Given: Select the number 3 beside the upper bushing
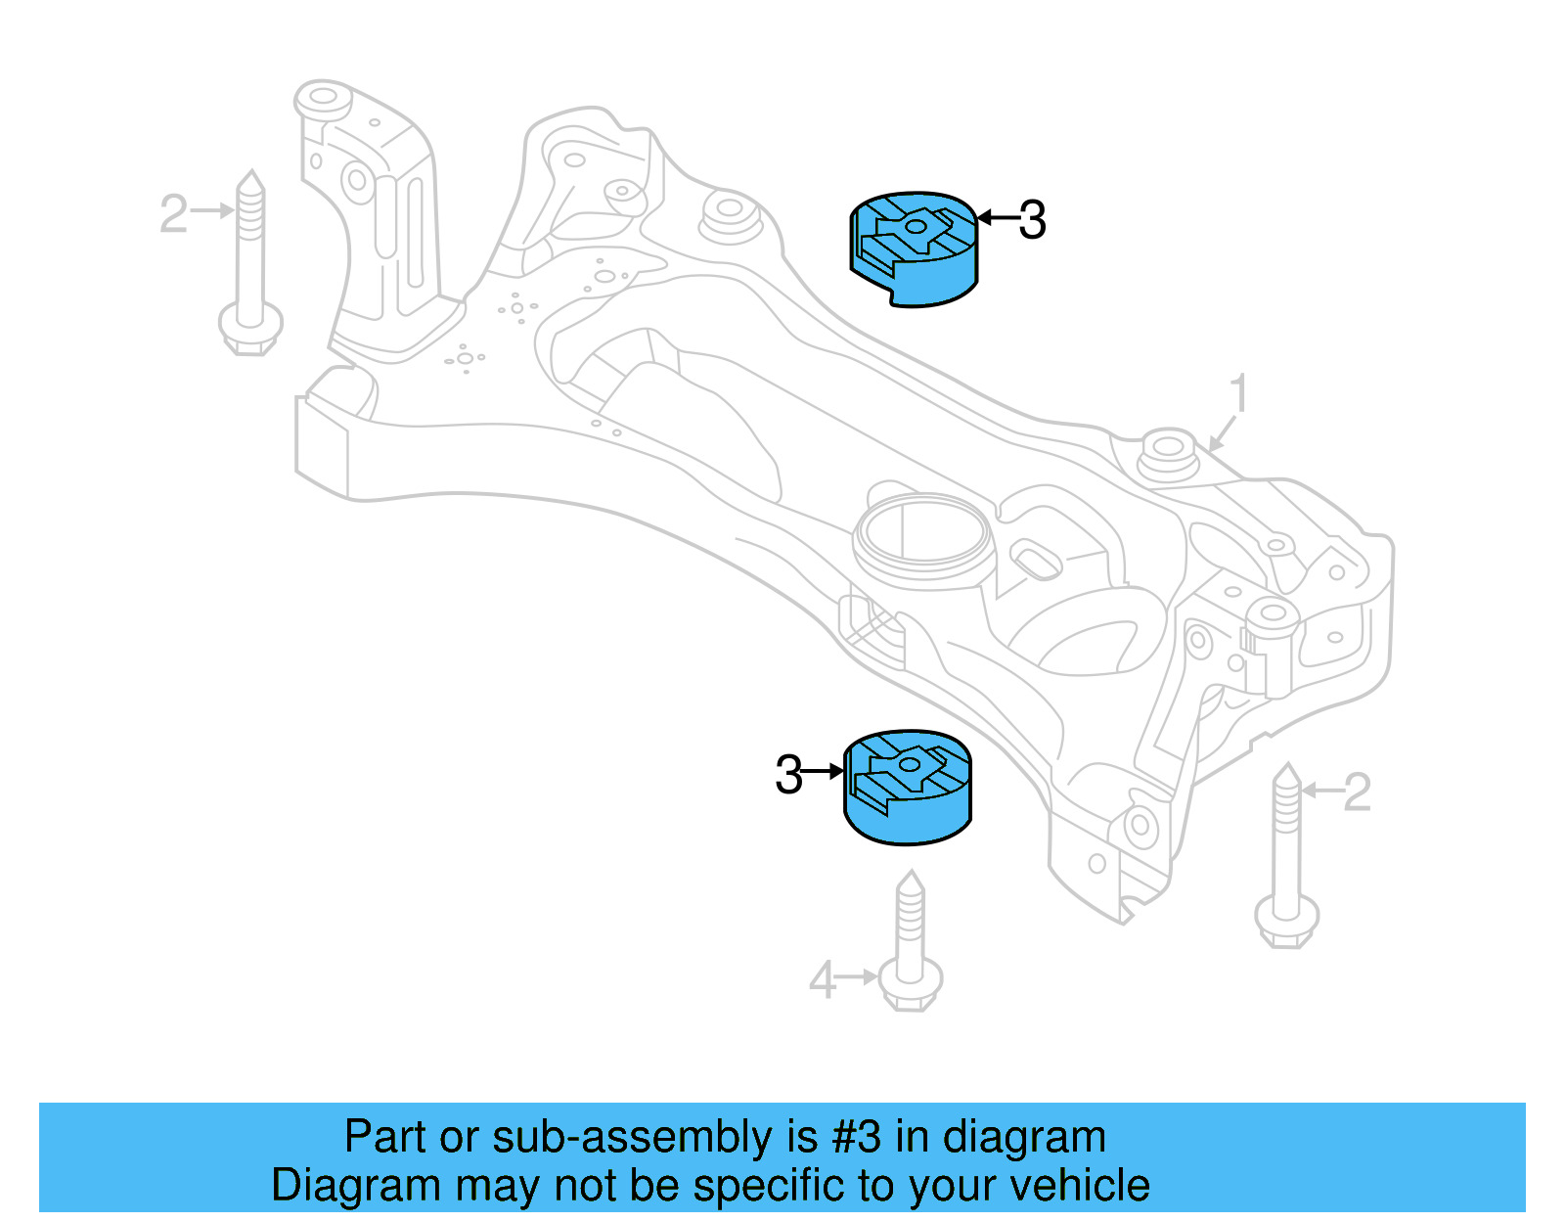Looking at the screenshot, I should coord(1032,220).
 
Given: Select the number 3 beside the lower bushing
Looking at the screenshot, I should coord(788,775).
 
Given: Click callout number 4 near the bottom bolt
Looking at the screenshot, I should coord(822,979).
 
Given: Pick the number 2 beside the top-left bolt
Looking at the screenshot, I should coord(173,213).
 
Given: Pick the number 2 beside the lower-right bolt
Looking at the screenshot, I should coord(1357,792).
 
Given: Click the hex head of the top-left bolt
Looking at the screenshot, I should coord(250,329).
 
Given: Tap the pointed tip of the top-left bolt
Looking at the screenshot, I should coord(251,181).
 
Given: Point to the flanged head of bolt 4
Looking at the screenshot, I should coord(911,983).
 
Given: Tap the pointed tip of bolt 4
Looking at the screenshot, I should coord(911,879).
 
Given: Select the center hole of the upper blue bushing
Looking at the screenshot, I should coord(916,227).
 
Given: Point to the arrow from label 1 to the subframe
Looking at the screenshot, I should coord(1222,434).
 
